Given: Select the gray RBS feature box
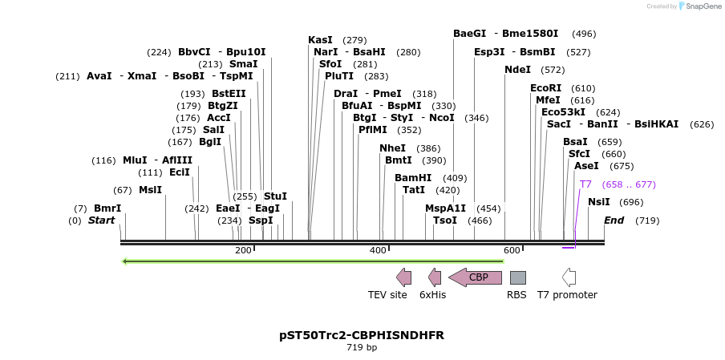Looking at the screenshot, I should tap(518, 277).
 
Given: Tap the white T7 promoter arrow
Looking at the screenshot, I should tap(569, 277).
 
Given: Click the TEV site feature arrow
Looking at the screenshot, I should tap(404, 277).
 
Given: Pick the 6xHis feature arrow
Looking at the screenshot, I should tap(435, 277).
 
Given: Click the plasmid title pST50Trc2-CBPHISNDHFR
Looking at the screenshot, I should tap(362, 334).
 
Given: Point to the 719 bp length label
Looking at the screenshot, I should tap(362, 348).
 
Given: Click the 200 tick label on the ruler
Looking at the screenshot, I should tap(243, 251).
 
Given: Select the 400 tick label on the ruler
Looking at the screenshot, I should tap(378, 251).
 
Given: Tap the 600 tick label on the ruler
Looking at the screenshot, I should tap(512, 251).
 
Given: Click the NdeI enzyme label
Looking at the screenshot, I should tap(517, 70).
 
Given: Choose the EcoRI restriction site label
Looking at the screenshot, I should tap(545, 88).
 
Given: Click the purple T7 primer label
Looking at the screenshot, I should tap(585, 184).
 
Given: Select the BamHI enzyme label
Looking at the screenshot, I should tap(413, 178).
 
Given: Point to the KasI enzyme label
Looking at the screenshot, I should tap(320, 40).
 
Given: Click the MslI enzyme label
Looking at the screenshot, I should tap(150, 190).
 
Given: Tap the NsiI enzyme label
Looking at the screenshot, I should tap(599, 202).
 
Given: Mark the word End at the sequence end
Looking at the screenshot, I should tap(614, 220).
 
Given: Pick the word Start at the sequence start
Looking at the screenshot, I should tap(101, 220).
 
